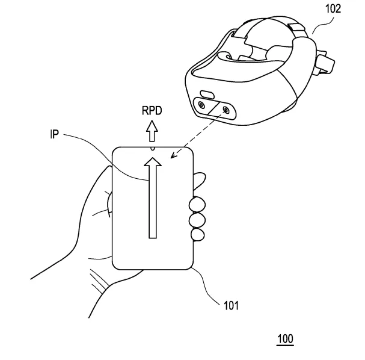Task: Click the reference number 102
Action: pos(333,9)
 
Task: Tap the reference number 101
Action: pos(231,305)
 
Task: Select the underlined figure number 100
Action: pos(285,339)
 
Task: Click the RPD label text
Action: pos(152,111)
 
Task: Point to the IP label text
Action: pos(55,134)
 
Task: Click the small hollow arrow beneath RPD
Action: pos(152,131)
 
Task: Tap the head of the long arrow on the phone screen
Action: pos(153,162)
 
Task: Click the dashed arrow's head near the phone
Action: pos(174,155)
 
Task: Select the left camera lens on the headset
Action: pos(201,105)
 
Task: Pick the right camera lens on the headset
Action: pos(226,110)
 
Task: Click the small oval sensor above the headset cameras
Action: pos(207,95)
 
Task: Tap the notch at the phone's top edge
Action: pos(153,149)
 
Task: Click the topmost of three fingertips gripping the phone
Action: pos(197,205)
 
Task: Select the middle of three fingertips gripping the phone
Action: pos(197,220)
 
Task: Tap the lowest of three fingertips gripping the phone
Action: pos(198,234)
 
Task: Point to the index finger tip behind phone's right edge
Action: pos(199,181)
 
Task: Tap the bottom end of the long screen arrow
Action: pos(153,238)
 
